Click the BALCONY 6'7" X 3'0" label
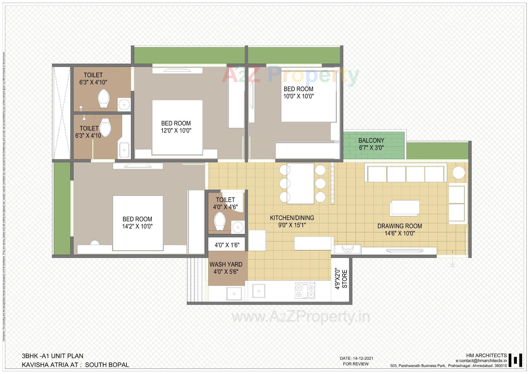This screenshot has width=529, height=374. pos(371,144)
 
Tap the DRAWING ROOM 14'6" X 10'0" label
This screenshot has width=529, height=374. pos(400,230)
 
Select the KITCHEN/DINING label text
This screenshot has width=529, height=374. pos(292,218)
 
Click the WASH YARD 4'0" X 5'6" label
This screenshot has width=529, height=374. pos(226,268)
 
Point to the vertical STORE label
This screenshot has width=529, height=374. pos(345,279)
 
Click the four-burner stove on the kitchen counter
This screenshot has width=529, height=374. pos(305,290)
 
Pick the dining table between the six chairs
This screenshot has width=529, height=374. pos(300,183)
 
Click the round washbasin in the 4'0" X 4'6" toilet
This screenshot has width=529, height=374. pos(238,227)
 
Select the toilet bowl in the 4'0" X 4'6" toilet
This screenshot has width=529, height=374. pos(220,221)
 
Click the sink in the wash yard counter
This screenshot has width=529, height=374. pos(234,294)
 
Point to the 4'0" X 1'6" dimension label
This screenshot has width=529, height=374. pos(227,245)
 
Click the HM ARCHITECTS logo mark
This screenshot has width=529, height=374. pos(515,360)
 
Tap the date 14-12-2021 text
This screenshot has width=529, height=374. pos(357,358)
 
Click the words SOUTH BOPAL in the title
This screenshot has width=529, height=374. pos(107,365)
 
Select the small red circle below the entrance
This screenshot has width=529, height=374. pos(452,265)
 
